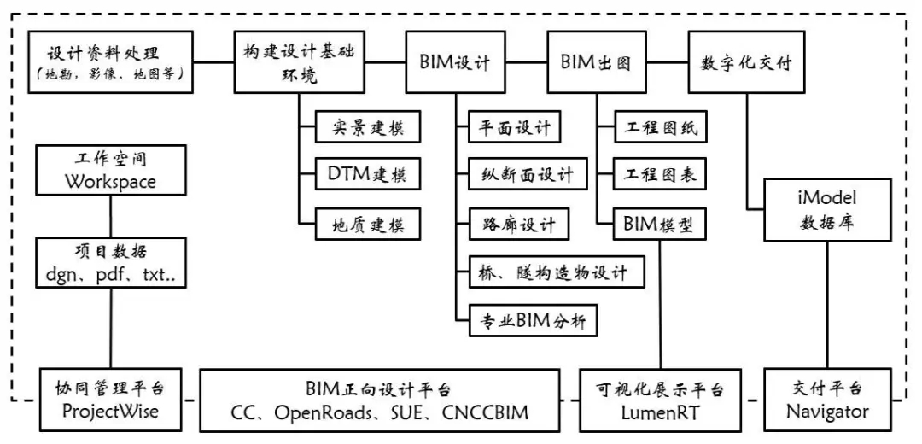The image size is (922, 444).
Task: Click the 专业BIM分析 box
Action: click(x=535, y=322)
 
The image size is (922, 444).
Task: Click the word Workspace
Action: click(x=112, y=182)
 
